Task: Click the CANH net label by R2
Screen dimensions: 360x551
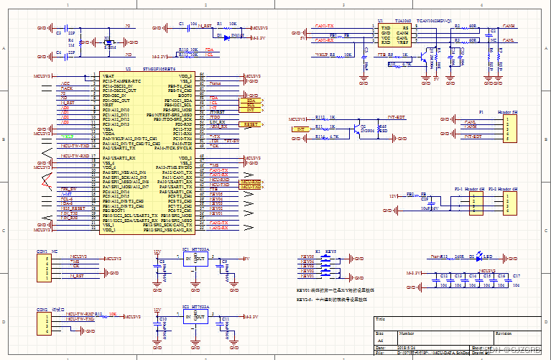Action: (x=508, y=26)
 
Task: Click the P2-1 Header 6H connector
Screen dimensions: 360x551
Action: (x=473, y=204)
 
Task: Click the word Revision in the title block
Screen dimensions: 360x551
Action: (x=502, y=333)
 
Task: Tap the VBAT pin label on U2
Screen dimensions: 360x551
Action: (x=108, y=75)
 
